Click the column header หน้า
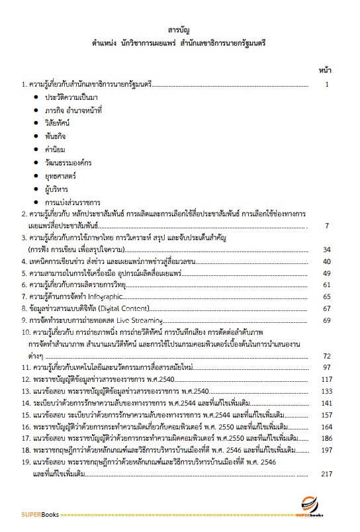[x=324, y=69]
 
